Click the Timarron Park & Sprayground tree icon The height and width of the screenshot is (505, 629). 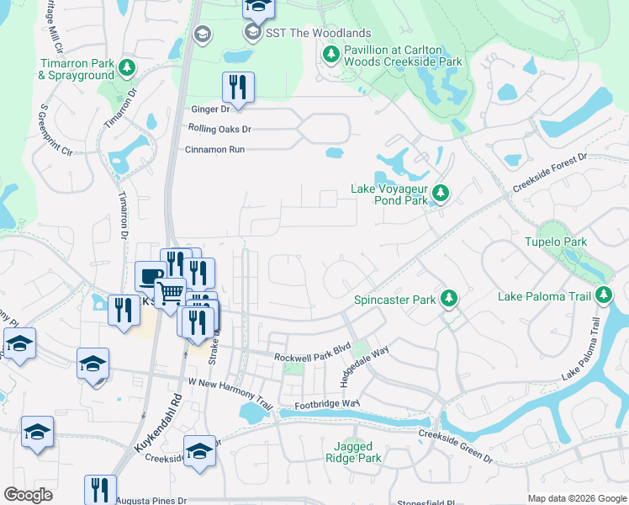point(127,66)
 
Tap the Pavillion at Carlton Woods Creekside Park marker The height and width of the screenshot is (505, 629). point(330,56)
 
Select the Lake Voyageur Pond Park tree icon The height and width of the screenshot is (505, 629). point(439,195)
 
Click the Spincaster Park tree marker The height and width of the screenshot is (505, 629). point(449,299)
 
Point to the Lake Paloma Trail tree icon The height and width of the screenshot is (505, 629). point(603,295)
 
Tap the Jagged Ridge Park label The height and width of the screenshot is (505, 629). point(353,452)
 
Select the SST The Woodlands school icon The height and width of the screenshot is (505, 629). point(252,33)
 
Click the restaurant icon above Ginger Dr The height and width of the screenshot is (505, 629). point(238,86)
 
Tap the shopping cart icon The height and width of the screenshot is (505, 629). point(171,292)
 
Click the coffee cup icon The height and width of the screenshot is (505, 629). point(151,276)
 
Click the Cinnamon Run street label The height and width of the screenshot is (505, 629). point(214,149)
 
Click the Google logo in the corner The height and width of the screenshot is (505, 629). point(28,495)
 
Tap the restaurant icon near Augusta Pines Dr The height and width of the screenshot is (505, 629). point(100,489)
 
